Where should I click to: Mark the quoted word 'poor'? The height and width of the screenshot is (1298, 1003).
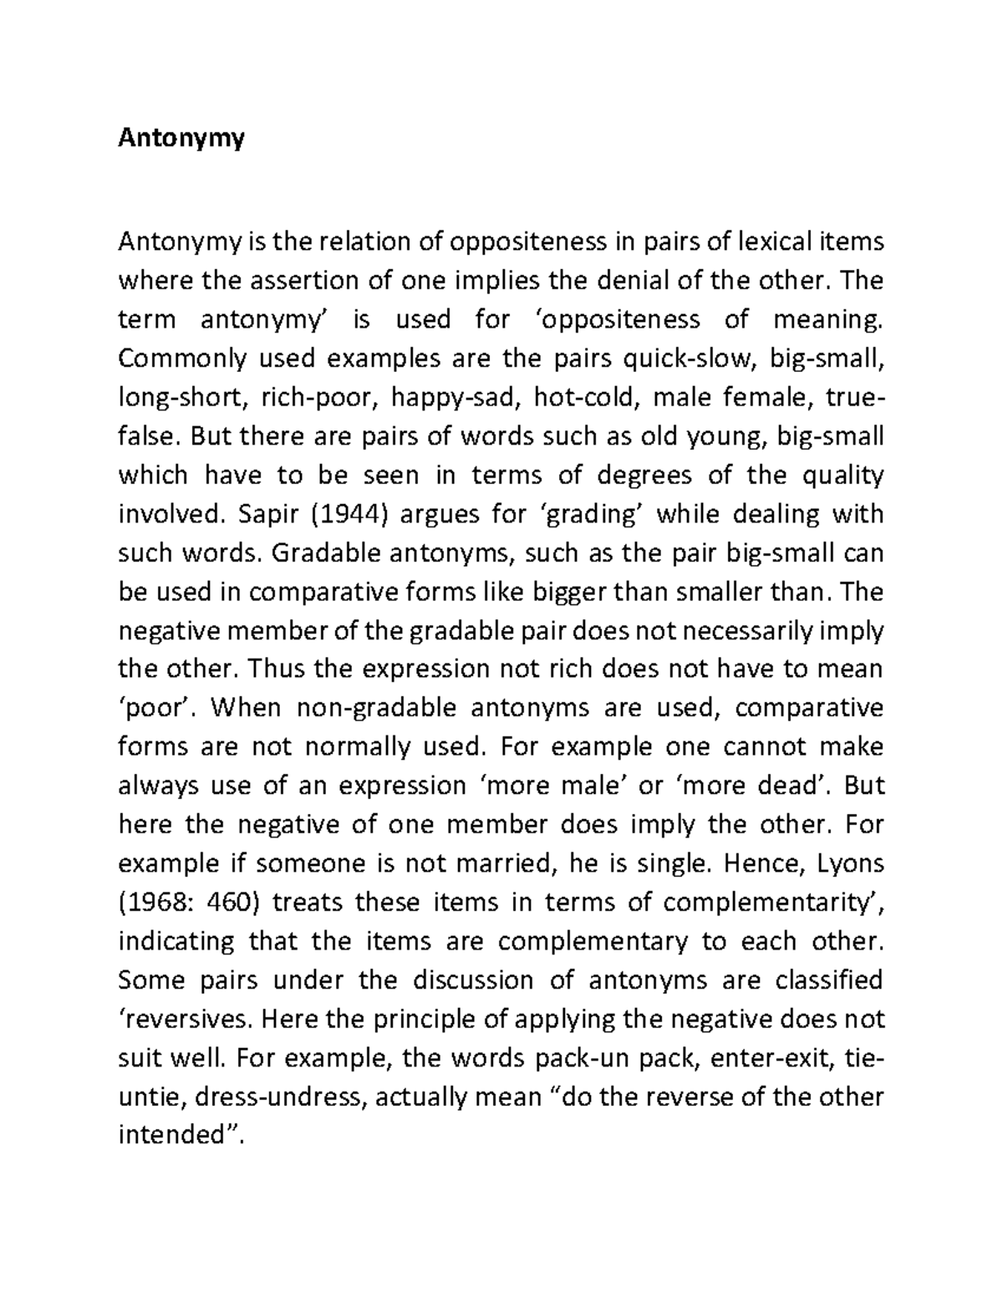click(x=156, y=708)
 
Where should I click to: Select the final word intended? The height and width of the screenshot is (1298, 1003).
click(x=178, y=1135)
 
